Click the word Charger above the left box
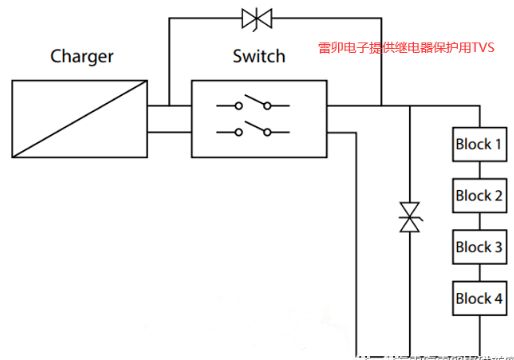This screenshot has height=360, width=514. (81, 56)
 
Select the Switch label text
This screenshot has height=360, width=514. (258, 56)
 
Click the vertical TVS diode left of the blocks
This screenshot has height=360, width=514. (409, 218)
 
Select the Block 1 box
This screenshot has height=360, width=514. (478, 144)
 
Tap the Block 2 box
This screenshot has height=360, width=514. (478, 195)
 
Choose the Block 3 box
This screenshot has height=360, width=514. (478, 247)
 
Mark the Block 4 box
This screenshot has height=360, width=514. (478, 298)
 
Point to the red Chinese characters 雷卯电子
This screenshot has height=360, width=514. (337, 46)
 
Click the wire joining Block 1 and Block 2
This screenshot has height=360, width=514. (478, 170)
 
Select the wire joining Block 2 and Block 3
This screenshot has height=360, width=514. (478, 221)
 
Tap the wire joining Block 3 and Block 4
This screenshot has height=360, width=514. (478, 273)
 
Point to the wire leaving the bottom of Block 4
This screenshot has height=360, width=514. (478, 335)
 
